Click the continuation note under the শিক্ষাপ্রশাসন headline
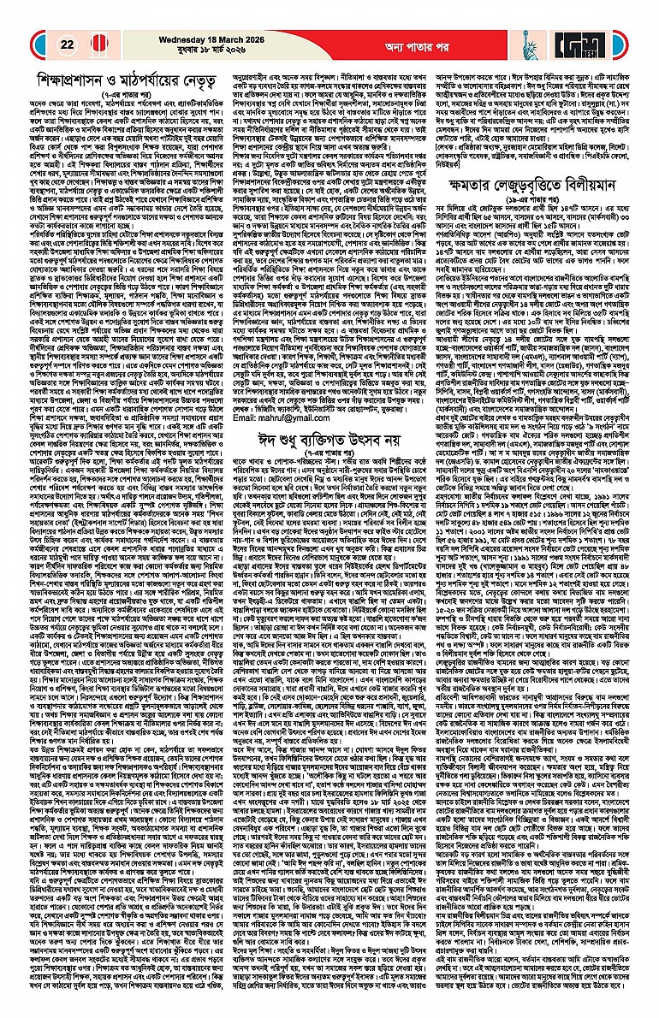pos(122,93)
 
